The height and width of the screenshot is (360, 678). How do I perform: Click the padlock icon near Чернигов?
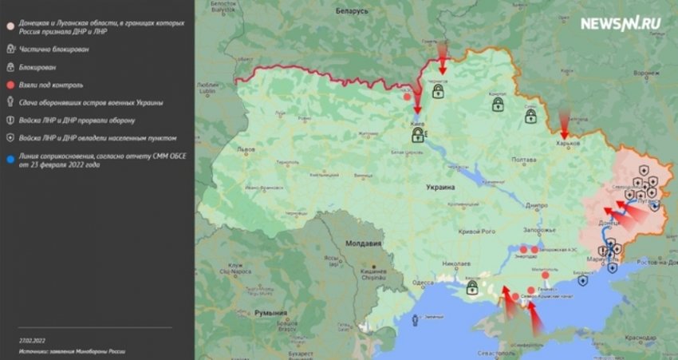[438, 92]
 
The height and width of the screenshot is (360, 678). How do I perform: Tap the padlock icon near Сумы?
[530, 117]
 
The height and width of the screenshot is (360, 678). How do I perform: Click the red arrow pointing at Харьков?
[565, 125]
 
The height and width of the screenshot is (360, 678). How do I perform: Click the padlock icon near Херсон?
[471, 285]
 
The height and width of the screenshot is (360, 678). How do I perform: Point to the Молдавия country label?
[364, 243]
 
